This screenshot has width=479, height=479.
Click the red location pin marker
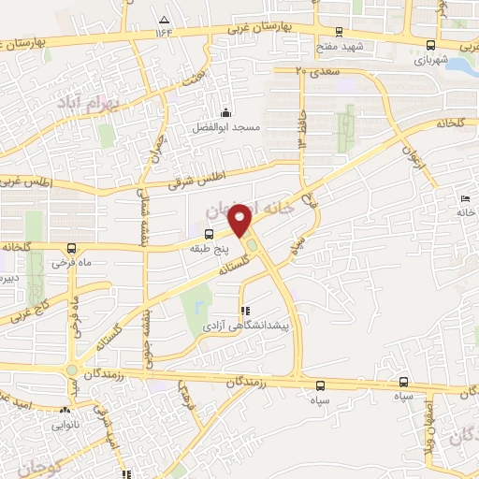[241, 220]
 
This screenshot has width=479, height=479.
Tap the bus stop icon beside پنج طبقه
[208, 235]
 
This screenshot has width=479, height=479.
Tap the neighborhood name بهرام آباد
[84, 101]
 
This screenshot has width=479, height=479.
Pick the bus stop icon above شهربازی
[431, 45]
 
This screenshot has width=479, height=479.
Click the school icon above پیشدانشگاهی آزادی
[245, 311]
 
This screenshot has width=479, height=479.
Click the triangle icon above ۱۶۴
[165, 20]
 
